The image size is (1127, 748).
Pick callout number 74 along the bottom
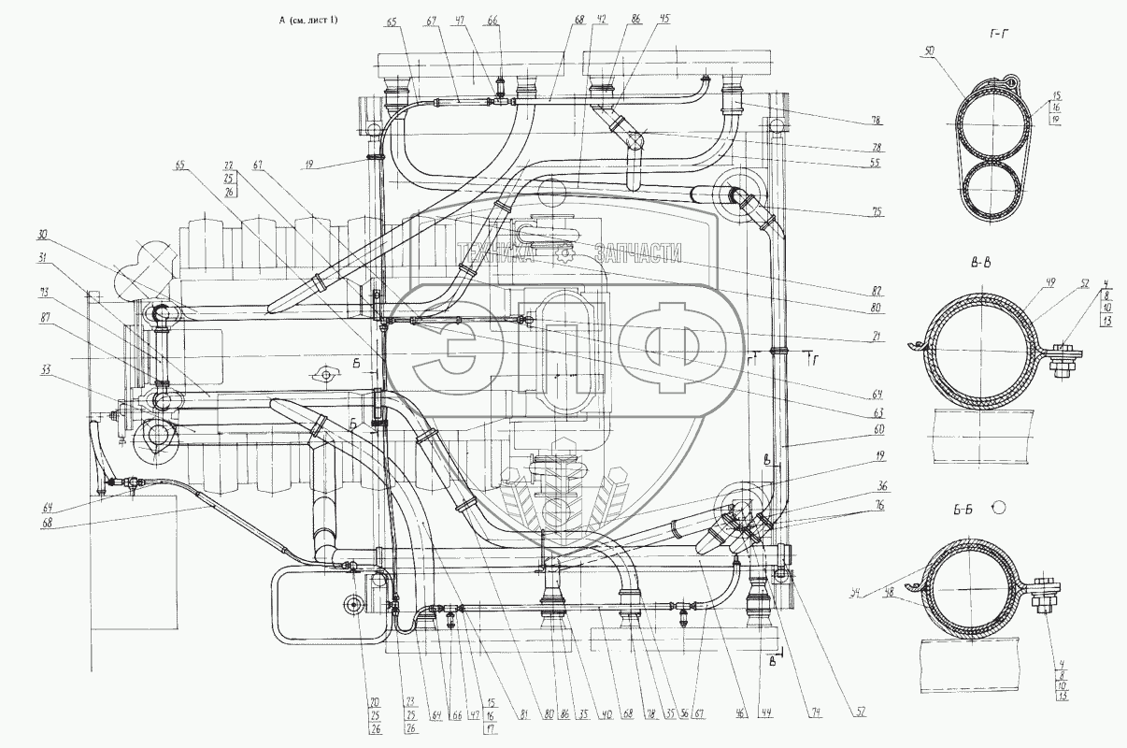[815, 716]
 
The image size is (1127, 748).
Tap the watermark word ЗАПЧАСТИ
[637, 252]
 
